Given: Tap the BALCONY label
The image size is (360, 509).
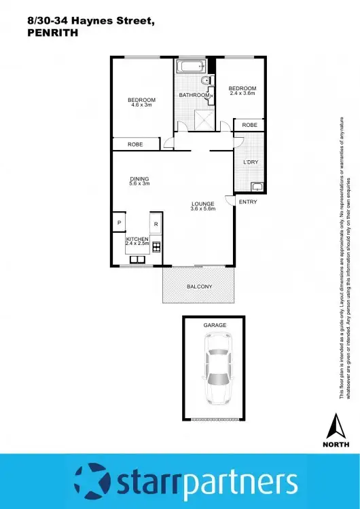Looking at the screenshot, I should (x=199, y=286).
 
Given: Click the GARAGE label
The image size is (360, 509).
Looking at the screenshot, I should (x=215, y=326).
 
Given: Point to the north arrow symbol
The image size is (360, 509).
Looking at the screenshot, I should (x=334, y=428).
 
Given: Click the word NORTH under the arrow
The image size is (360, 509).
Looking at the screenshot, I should (x=334, y=445).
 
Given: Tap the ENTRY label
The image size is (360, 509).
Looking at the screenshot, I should (x=247, y=202).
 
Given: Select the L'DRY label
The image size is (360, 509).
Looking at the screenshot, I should (x=249, y=162).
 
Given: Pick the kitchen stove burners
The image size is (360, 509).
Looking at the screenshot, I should (x=156, y=246).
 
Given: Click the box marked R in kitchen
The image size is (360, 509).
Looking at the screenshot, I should (x=156, y=224).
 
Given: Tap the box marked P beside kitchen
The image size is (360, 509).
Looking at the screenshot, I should (x=119, y=223).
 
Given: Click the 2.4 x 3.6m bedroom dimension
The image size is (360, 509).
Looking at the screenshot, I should (x=242, y=93).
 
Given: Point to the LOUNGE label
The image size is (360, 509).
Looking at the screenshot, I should (x=202, y=204).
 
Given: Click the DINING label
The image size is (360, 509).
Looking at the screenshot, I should (x=139, y=179).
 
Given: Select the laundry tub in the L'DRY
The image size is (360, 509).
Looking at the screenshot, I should (x=257, y=187).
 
